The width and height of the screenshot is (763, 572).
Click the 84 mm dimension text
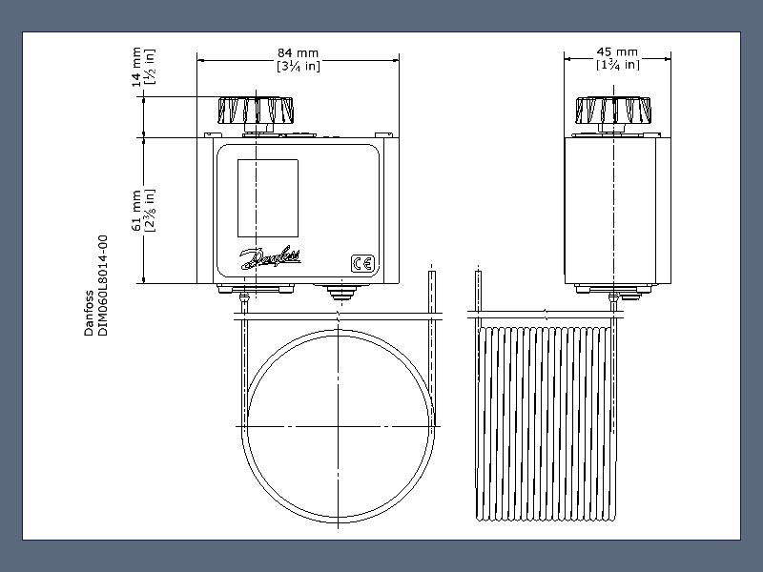(298, 53)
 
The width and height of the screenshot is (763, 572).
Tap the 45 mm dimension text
(617, 52)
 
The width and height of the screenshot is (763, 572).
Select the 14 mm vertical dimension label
(136, 67)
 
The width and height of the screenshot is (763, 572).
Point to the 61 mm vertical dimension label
(136, 211)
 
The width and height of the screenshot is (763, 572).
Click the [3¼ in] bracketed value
(299, 66)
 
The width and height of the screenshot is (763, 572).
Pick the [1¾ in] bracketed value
(617, 65)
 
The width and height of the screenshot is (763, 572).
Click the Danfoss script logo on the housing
(271, 257)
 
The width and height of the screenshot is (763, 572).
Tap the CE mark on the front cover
(363, 264)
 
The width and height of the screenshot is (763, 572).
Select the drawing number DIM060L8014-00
(103, 285)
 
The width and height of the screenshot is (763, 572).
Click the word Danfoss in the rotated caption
(89, 314)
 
